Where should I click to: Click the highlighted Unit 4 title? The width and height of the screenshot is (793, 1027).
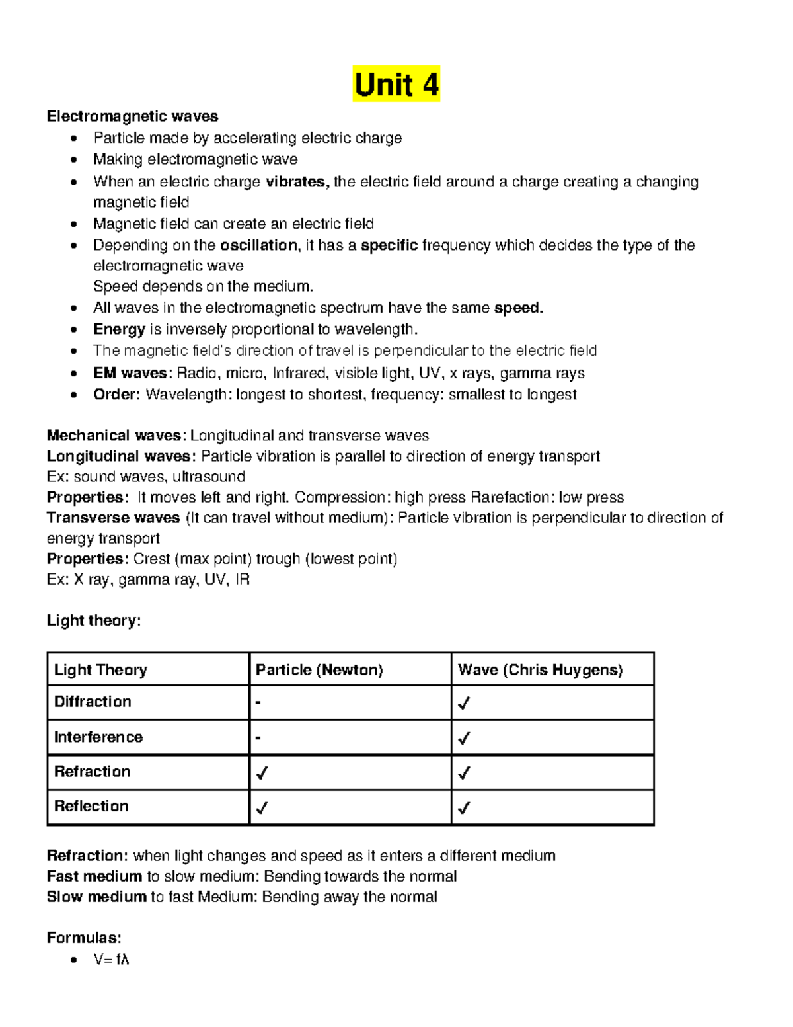pyautogui.click(x=396, y=85)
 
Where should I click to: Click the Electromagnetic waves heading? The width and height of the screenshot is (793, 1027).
pyautogui.click(x=132, y=116)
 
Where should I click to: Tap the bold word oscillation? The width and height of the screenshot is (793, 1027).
pyautogui.click(x=258, y=245)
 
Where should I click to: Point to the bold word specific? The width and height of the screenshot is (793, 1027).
pyautogui.click(x=389, y=245)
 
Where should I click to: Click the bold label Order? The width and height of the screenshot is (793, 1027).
pyautogui.click(x=116, y=395)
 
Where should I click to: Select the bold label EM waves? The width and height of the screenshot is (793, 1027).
pyautogui.click(x=130, y=373)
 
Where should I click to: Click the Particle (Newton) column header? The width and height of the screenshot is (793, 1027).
pyautogui.click(x=319, y=670)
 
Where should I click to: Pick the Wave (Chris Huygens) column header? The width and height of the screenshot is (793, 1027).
pyautogui.click(x=540, y=670)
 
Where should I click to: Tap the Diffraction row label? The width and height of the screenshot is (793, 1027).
pyautogui.click(x=93, y=702)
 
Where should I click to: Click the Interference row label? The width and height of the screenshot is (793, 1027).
pyautogui.click(x=98, y=737)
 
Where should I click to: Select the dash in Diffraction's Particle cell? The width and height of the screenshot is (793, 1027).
pyautogui.click(x=258, y=702)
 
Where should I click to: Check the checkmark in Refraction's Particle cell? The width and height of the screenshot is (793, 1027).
pyautogui.click(x=262, y=773)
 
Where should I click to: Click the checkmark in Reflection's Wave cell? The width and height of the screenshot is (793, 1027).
pyautogui.click(x=464, y=808)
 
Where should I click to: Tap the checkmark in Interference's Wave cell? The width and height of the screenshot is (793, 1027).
pyautogui.click(x=464, y=738)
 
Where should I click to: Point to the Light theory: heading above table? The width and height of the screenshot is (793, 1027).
pyautogui.click(x=93, y=620)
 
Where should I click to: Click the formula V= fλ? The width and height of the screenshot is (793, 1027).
pyautogui.click(x=111, y=960)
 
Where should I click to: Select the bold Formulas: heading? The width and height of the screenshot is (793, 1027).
pyautogui.click(x=83, y=938)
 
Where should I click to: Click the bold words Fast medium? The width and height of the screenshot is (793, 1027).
pyautogui.click(x=94, y=876)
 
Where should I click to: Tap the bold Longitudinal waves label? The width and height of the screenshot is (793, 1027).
pyautogui.click(x=120, y=456)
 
